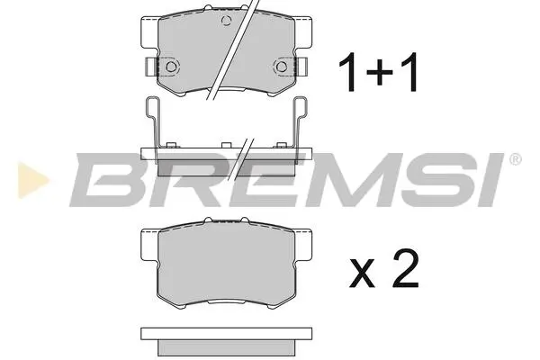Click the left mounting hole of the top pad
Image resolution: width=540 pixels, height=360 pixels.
171,67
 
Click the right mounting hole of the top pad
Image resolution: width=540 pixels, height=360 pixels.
282,67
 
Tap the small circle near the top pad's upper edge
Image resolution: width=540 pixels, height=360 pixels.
226,21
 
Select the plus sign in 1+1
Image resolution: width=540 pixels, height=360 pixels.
379,72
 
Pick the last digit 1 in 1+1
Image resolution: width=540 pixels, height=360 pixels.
409,72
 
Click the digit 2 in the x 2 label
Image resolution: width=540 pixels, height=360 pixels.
406,268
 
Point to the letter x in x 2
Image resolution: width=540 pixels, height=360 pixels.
362,274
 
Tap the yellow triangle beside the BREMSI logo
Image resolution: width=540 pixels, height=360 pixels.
33,180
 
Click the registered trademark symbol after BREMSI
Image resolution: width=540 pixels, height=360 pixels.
515,159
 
